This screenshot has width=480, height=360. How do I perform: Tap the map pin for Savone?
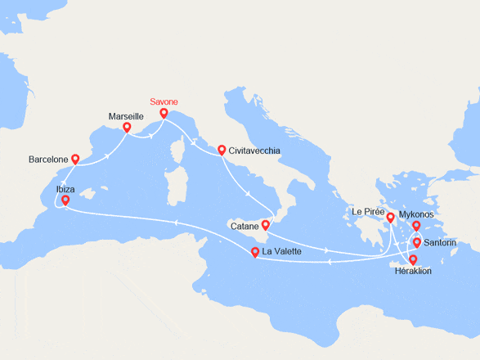(164, 114)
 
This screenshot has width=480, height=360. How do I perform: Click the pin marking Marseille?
(127, 128)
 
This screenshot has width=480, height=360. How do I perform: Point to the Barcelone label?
(47, 160)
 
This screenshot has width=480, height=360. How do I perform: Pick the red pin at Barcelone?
(75, 160)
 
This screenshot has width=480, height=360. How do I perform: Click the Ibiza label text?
(66, 189)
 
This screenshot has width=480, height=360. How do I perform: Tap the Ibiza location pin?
(65, 200)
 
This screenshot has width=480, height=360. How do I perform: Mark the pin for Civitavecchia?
(221, 151)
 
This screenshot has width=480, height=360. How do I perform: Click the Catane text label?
(244, 225)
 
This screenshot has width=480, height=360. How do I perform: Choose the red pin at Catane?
(265, 225)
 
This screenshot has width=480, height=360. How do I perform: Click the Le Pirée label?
(367, 211)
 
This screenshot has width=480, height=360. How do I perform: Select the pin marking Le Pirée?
(391, 217)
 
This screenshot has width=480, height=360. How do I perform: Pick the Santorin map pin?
(416, 242)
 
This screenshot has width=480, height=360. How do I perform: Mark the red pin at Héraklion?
(413, 260)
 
